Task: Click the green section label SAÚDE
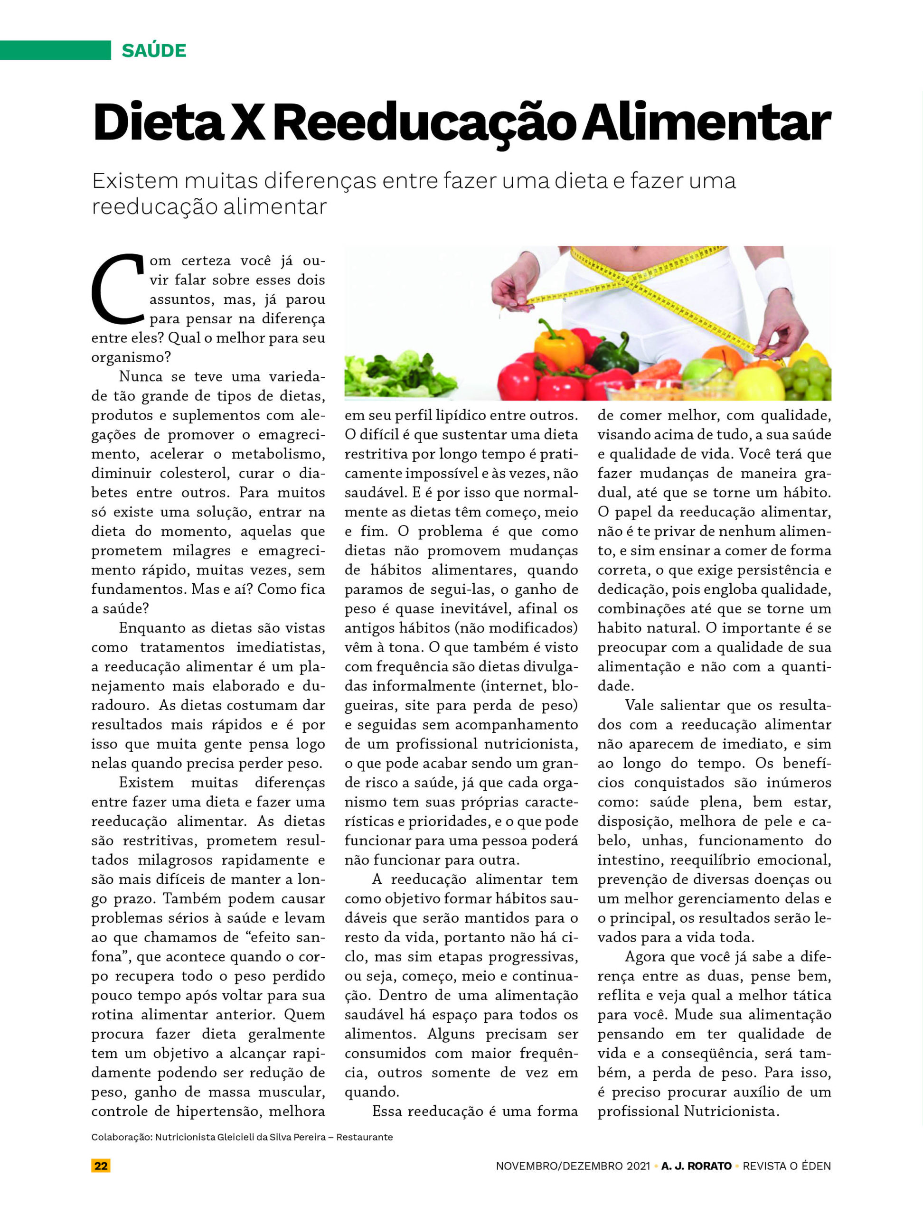(154, 50)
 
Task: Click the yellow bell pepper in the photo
(559, 345)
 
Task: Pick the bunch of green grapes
(808, 378)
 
